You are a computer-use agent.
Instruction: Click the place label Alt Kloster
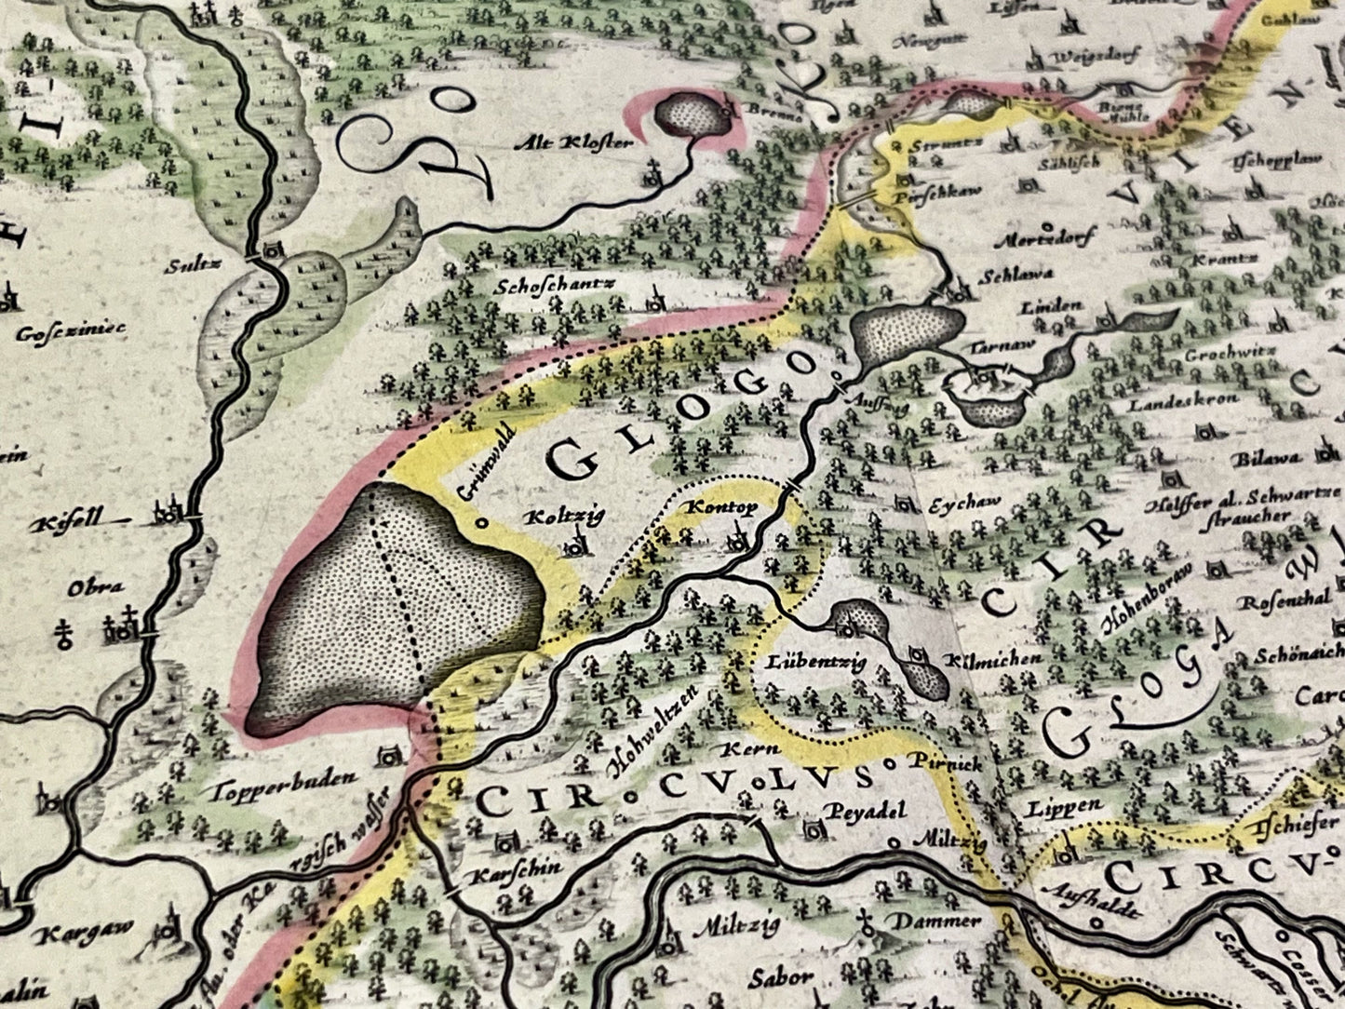click(585, 143)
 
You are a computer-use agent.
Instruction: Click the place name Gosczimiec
click(71, 330)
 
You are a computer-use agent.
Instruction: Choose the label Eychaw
click(965, 504)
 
